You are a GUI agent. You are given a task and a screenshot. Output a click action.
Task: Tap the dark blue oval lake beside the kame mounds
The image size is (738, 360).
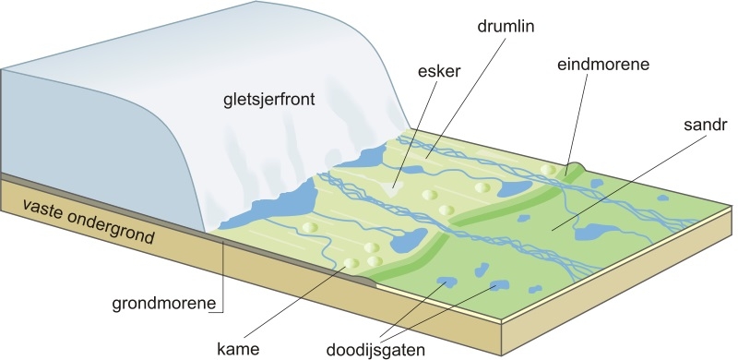[405, 246]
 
